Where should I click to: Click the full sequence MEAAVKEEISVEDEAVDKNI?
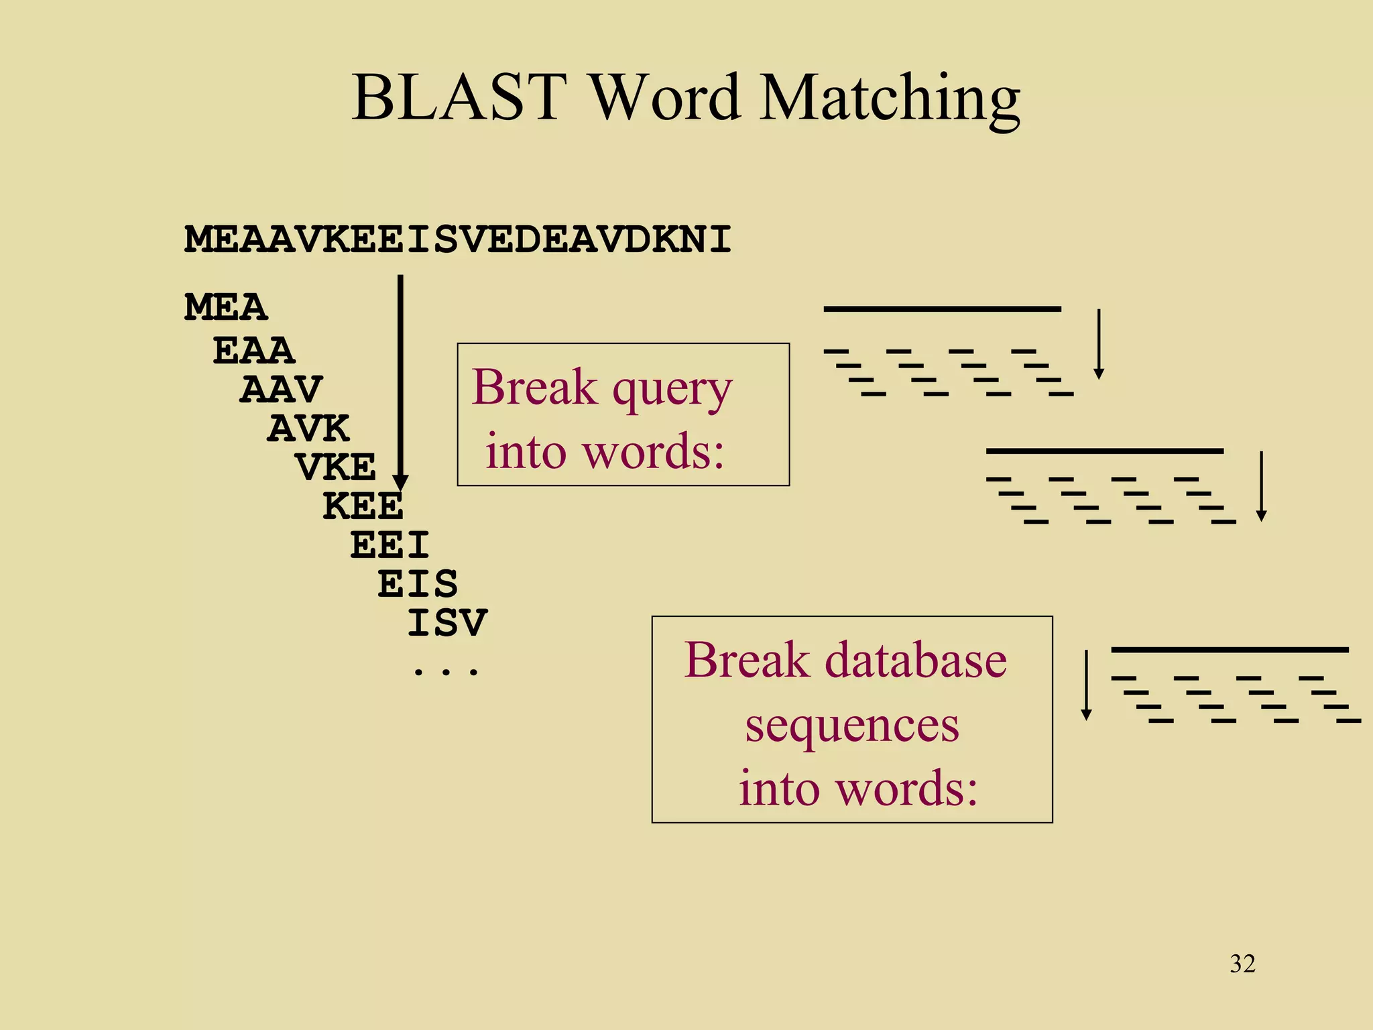pos(458,239)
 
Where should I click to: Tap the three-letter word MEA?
pos(226,308)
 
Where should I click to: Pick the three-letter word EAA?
pos(254,351)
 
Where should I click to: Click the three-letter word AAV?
pos(282,390)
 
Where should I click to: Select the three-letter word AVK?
pos(308,428)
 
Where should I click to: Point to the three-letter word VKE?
pos(336,467)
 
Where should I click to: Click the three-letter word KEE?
pos(363,506)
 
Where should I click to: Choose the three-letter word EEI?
pos(390,545)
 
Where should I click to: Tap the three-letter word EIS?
pos(418,584)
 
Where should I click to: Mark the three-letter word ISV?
pos(447,623)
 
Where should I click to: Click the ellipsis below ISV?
pos(446,670)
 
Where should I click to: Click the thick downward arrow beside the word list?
pos(400,382)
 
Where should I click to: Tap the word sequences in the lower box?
pos(852,725)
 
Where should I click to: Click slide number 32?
pos(1242,964)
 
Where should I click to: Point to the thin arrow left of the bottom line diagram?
pos(1086,684)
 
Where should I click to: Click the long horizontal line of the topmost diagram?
pos(942,309)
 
